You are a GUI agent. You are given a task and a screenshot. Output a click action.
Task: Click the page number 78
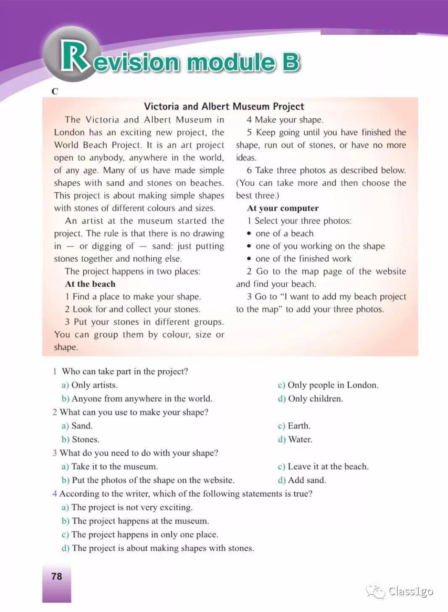(56, 576)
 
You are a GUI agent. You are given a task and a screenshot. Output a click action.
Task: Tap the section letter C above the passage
(55, 91)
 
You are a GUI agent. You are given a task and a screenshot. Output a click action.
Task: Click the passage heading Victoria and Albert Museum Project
(224, 106)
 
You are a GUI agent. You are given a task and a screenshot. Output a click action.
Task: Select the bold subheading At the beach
(90, 284)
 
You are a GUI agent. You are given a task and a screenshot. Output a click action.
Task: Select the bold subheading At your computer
(283, 208)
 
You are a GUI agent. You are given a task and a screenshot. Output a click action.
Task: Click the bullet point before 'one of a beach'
(249, 234)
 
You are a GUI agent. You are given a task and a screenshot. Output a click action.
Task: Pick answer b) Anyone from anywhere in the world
(137, 398)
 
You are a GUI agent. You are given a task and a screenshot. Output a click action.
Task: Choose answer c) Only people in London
(328, 385)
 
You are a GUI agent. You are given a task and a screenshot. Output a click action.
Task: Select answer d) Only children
(310, 398)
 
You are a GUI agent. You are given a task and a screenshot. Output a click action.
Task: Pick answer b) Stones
(81, 439)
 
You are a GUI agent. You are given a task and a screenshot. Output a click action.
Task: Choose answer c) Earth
(294, 426)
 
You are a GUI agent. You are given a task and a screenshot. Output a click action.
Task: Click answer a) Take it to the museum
(110, 466)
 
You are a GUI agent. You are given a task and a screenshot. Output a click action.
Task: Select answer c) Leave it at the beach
(323, 466)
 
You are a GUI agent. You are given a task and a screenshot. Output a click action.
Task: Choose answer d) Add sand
(302, 480)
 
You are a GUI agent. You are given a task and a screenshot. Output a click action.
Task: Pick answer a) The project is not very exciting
(127, 507)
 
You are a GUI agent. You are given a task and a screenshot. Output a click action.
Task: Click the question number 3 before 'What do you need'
(55, 453)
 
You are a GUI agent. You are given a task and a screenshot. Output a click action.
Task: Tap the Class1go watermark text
(410, 591)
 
